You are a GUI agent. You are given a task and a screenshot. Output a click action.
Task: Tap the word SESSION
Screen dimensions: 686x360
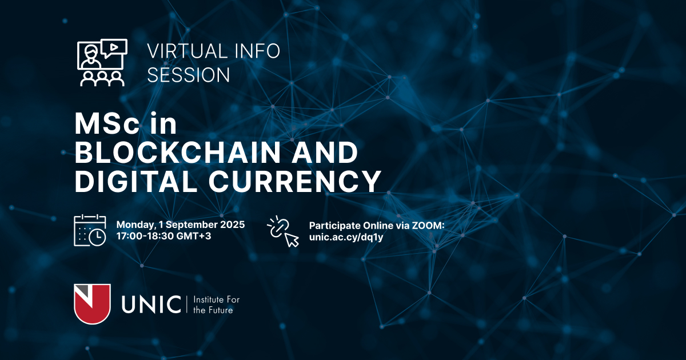coord(188,75)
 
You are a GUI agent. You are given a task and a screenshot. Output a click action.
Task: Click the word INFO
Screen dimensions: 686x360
coord(257,51)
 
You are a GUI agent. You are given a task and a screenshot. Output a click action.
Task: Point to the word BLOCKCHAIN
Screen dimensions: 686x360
coord(178,152)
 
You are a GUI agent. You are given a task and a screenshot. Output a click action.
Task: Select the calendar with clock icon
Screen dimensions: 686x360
coord(90,230)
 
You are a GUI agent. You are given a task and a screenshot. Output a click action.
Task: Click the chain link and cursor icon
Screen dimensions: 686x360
coord(283,231)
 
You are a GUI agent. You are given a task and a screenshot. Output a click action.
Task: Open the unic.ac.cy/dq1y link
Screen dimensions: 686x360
coord(346,237)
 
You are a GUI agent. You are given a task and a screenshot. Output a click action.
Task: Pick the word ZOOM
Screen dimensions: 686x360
coord(428,226)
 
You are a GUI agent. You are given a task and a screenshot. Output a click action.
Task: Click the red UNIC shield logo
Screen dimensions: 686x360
coord(92,304)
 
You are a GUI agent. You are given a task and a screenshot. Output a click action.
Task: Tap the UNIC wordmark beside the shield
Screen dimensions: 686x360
coord(151,304)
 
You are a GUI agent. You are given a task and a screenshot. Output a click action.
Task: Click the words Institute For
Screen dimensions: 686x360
coord(217,299)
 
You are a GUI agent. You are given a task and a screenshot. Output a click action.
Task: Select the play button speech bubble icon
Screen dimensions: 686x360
coord(114,48)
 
